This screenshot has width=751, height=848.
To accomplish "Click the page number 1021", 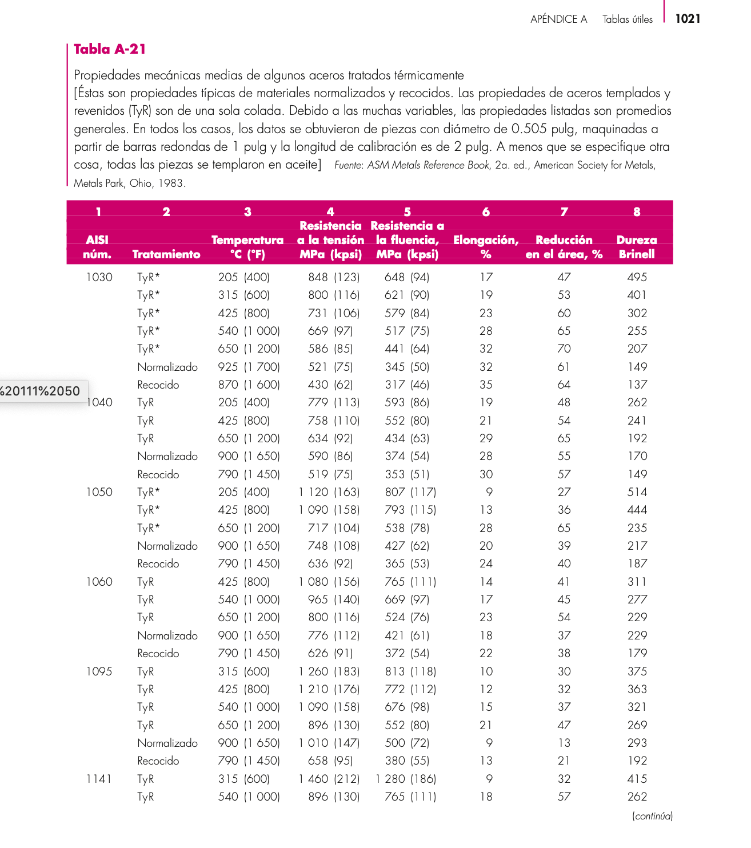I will point(688,19).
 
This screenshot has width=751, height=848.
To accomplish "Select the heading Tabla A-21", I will point(110,49).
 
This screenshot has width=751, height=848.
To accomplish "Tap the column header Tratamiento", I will point(166,254).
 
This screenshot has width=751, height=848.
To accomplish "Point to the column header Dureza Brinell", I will point(637,247).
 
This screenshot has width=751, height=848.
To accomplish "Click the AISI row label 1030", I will point(99,277).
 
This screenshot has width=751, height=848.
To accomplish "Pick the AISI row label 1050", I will point(99,492).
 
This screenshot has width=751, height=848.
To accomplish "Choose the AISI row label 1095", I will point(99,671).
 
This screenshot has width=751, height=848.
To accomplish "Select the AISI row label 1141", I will point(99,779).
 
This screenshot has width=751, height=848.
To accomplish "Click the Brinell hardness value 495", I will point(637,277).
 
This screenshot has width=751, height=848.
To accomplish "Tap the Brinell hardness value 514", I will point(637,492).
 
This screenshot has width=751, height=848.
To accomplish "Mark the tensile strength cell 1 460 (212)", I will point(329,779).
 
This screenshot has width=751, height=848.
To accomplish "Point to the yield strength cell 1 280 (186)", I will point(406,779).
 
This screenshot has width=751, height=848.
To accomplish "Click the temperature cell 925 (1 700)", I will point(249,367).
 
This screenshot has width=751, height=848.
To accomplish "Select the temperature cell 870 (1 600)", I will point(249,385).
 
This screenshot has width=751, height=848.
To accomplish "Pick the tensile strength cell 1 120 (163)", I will point(329,492).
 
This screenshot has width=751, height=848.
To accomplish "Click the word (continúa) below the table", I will point(652,816).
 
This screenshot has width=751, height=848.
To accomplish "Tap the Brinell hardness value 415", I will point(637,779).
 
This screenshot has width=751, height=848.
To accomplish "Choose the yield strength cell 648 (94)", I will point(407,277).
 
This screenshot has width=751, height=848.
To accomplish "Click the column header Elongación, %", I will point(486,247).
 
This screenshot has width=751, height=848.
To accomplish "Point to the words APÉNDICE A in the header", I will point(558,19).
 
